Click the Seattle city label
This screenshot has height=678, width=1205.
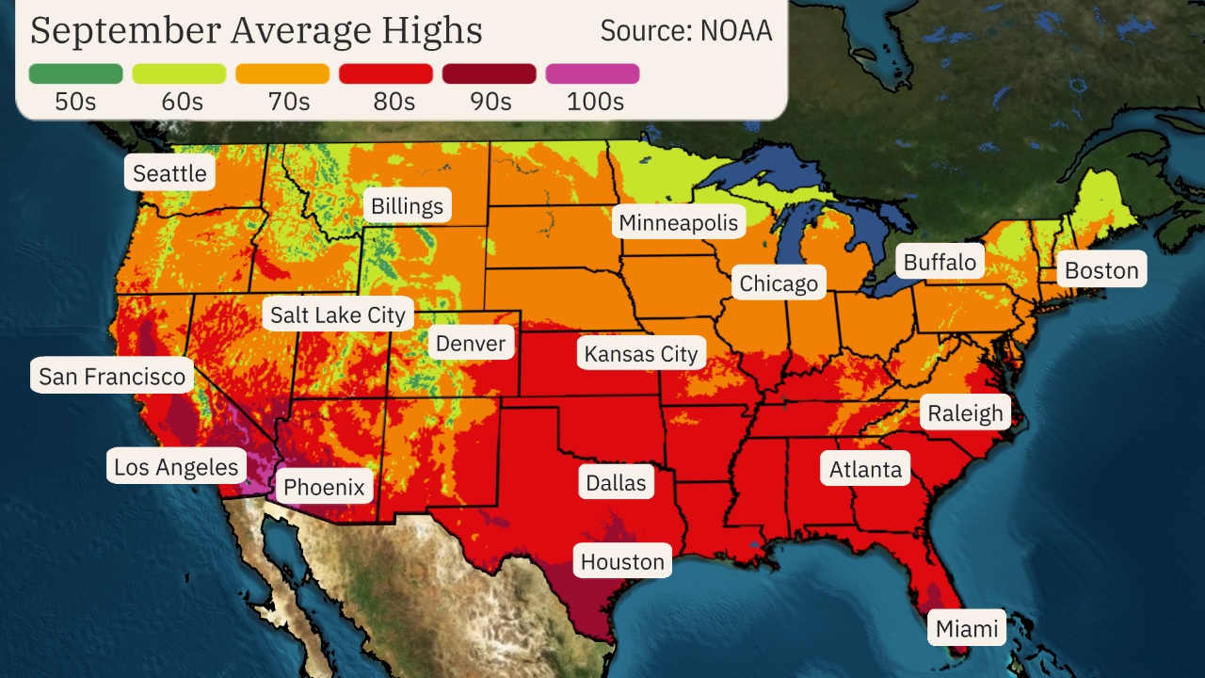[169, 173]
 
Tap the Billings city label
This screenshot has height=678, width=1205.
[407, 206]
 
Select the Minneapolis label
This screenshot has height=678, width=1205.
[679, 223]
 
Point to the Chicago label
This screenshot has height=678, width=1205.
[779, 283]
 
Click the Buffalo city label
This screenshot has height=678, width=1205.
[940, 262]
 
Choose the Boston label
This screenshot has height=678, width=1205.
[1101, 270]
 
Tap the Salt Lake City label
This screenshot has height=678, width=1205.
[337, 315]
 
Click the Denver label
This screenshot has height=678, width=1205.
[471, 343]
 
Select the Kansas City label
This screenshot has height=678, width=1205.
[641, 354]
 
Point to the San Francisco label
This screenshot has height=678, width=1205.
[112, 377]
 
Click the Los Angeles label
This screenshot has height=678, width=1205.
[176, 466]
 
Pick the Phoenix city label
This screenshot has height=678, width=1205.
[324, 487]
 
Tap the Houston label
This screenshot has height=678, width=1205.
[622, 562]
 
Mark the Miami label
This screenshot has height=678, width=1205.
[967, 628]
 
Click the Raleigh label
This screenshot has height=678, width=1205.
[965, 412]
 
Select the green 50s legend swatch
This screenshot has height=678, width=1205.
[75, 73]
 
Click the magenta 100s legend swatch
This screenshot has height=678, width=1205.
[592, 73]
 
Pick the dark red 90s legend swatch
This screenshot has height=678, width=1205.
[489, 73]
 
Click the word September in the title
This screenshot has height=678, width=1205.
[123, 30]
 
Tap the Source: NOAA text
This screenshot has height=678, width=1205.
[686, 30]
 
